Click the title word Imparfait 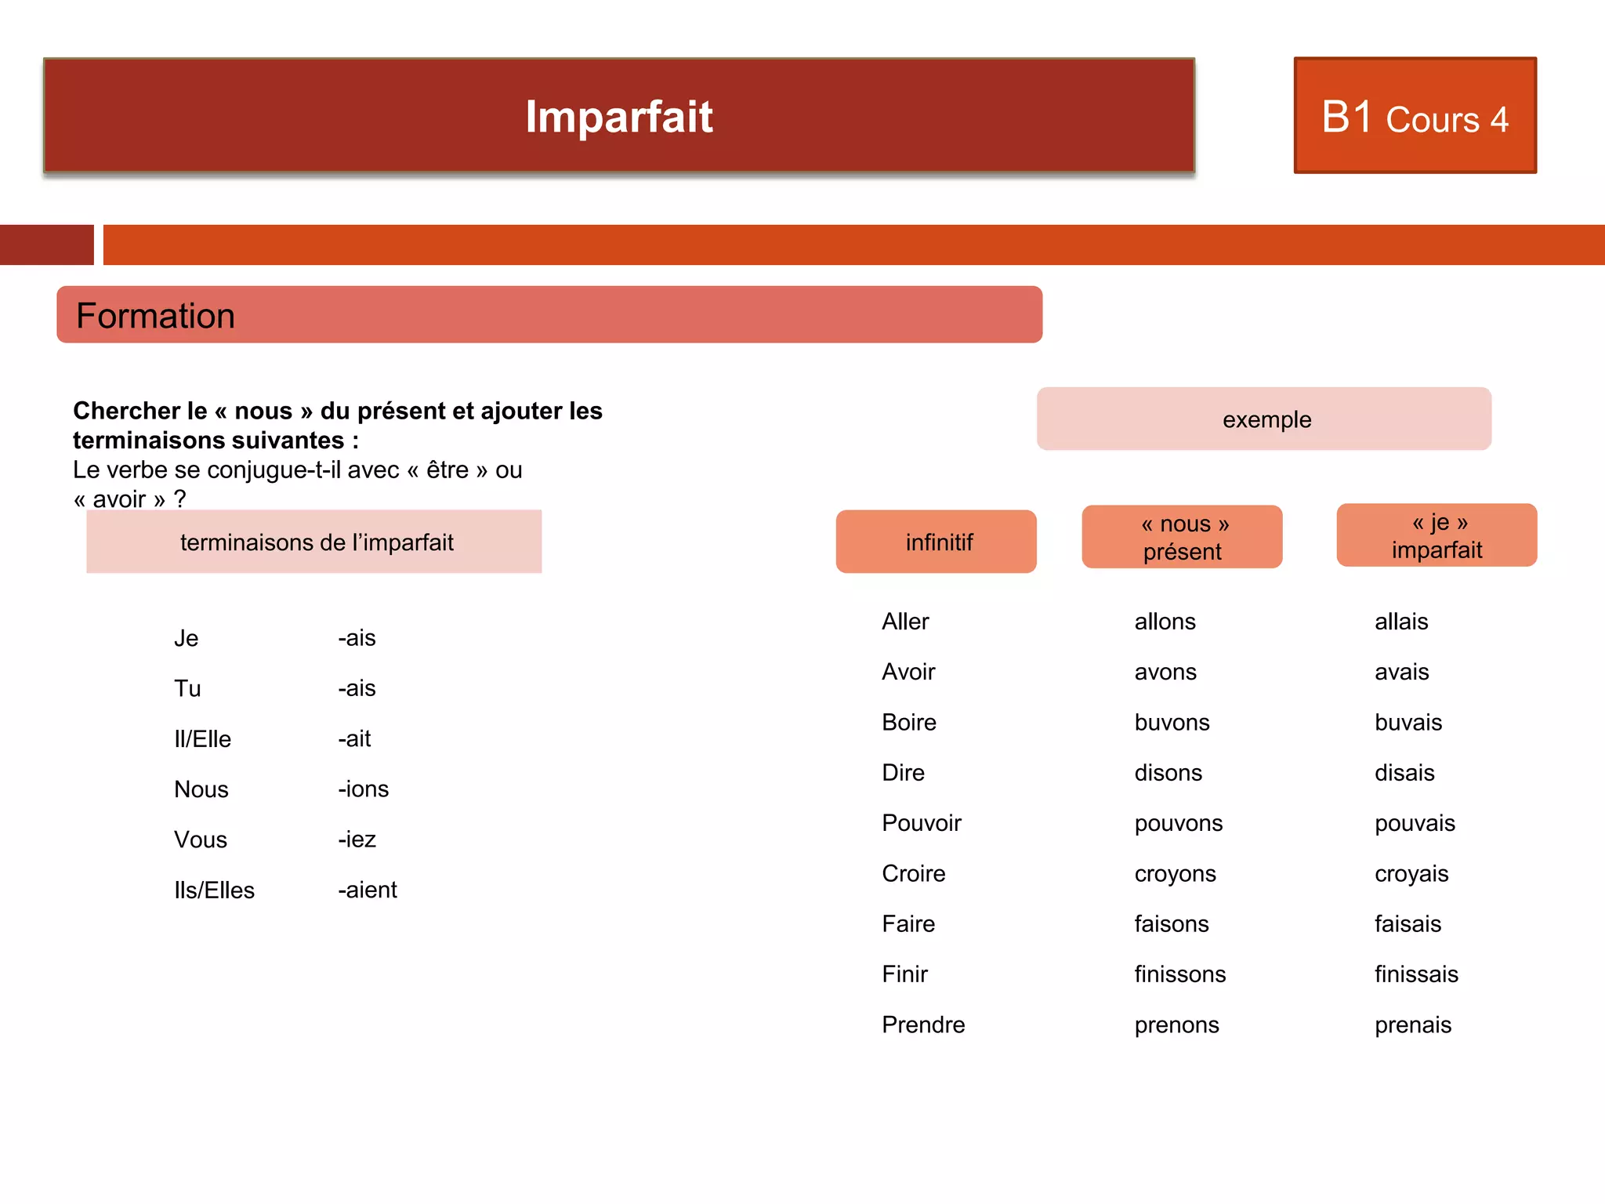pyautogui.click(x=618, y=118)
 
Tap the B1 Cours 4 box pyautogui.click(x=1415, y=116)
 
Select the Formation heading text pyautogui.click(x=155, y=316)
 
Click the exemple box pyautogui.click(x=1264, y=419)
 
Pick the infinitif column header pyautogui.click(x=937, y=542)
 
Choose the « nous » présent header pyautogui.click(x=1183, y=538)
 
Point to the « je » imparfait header pyautogui.click(x=1437, y=535)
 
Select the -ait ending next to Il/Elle pyautogui.click(x=354, y=738)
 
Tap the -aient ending pyautogui.click(x=367, y=890)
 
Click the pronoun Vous pyautogui.click(x=201, y=840)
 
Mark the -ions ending pyautogui.click(x=363, y=789)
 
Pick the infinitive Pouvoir pyautogui.click(x=922, y=823)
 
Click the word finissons pyautogui.click(x=1179, y=974)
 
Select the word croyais pyautogui.click(x=1411, y=873)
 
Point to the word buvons pyautogui.click(x=1172, y=722)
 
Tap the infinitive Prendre pyautogui.click(x=923, y=1024)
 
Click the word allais pyautogui.click(x=1401, y=622)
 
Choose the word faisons pyautogui.click(x=1172, y=924)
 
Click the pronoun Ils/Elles pyautogui.click(x=214, y=890)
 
